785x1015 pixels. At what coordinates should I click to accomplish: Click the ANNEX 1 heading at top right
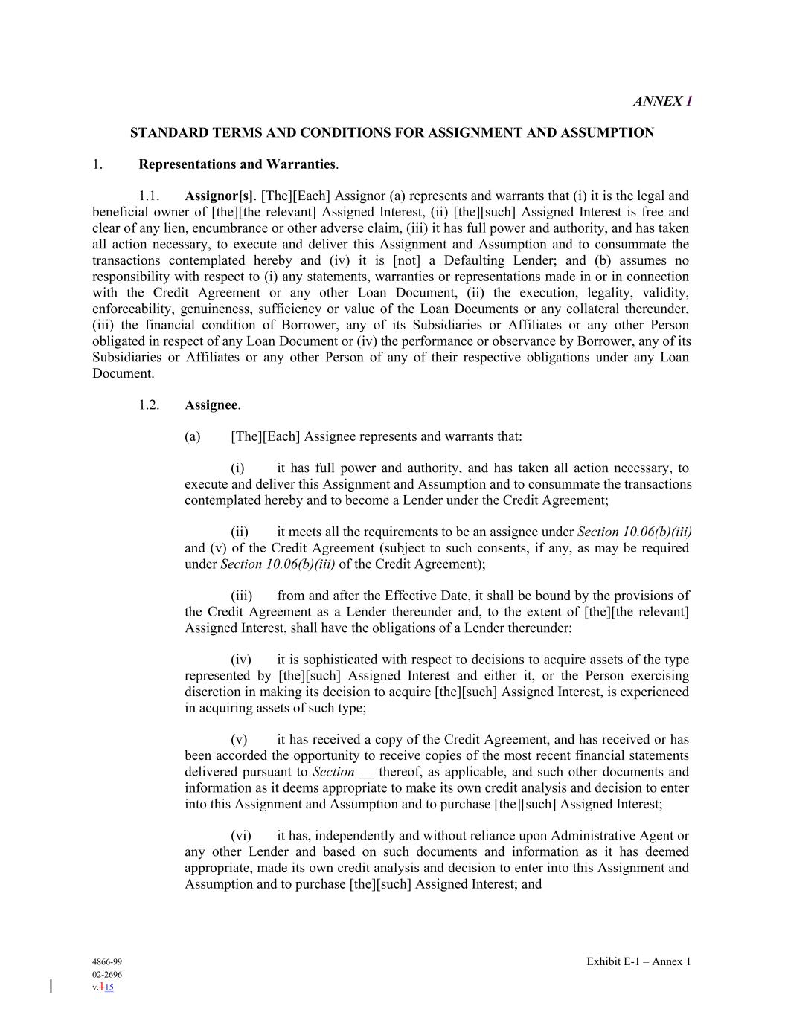click(662, 101)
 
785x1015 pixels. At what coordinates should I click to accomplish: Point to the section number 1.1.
click(149, 196)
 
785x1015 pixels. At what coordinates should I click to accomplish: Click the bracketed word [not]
click(407, 260)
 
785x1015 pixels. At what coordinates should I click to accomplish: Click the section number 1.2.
click(149, 405)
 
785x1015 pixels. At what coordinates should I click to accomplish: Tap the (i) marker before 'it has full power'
click(237, 468)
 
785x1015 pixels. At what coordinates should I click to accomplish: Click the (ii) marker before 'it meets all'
click(239, 532)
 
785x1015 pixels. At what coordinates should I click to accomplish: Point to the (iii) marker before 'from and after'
click(241, 596)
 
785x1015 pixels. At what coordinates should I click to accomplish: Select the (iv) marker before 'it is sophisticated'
click(240, 660)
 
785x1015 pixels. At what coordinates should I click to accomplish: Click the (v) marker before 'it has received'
click(239, 739)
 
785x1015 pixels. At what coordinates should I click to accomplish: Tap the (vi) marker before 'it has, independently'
click(240, 836)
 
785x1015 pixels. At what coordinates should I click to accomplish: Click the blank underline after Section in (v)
click(366, 773)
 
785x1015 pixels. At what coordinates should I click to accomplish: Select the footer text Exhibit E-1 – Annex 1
click(638, 961)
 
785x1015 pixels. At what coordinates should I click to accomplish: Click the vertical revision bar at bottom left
click(51, 987)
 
